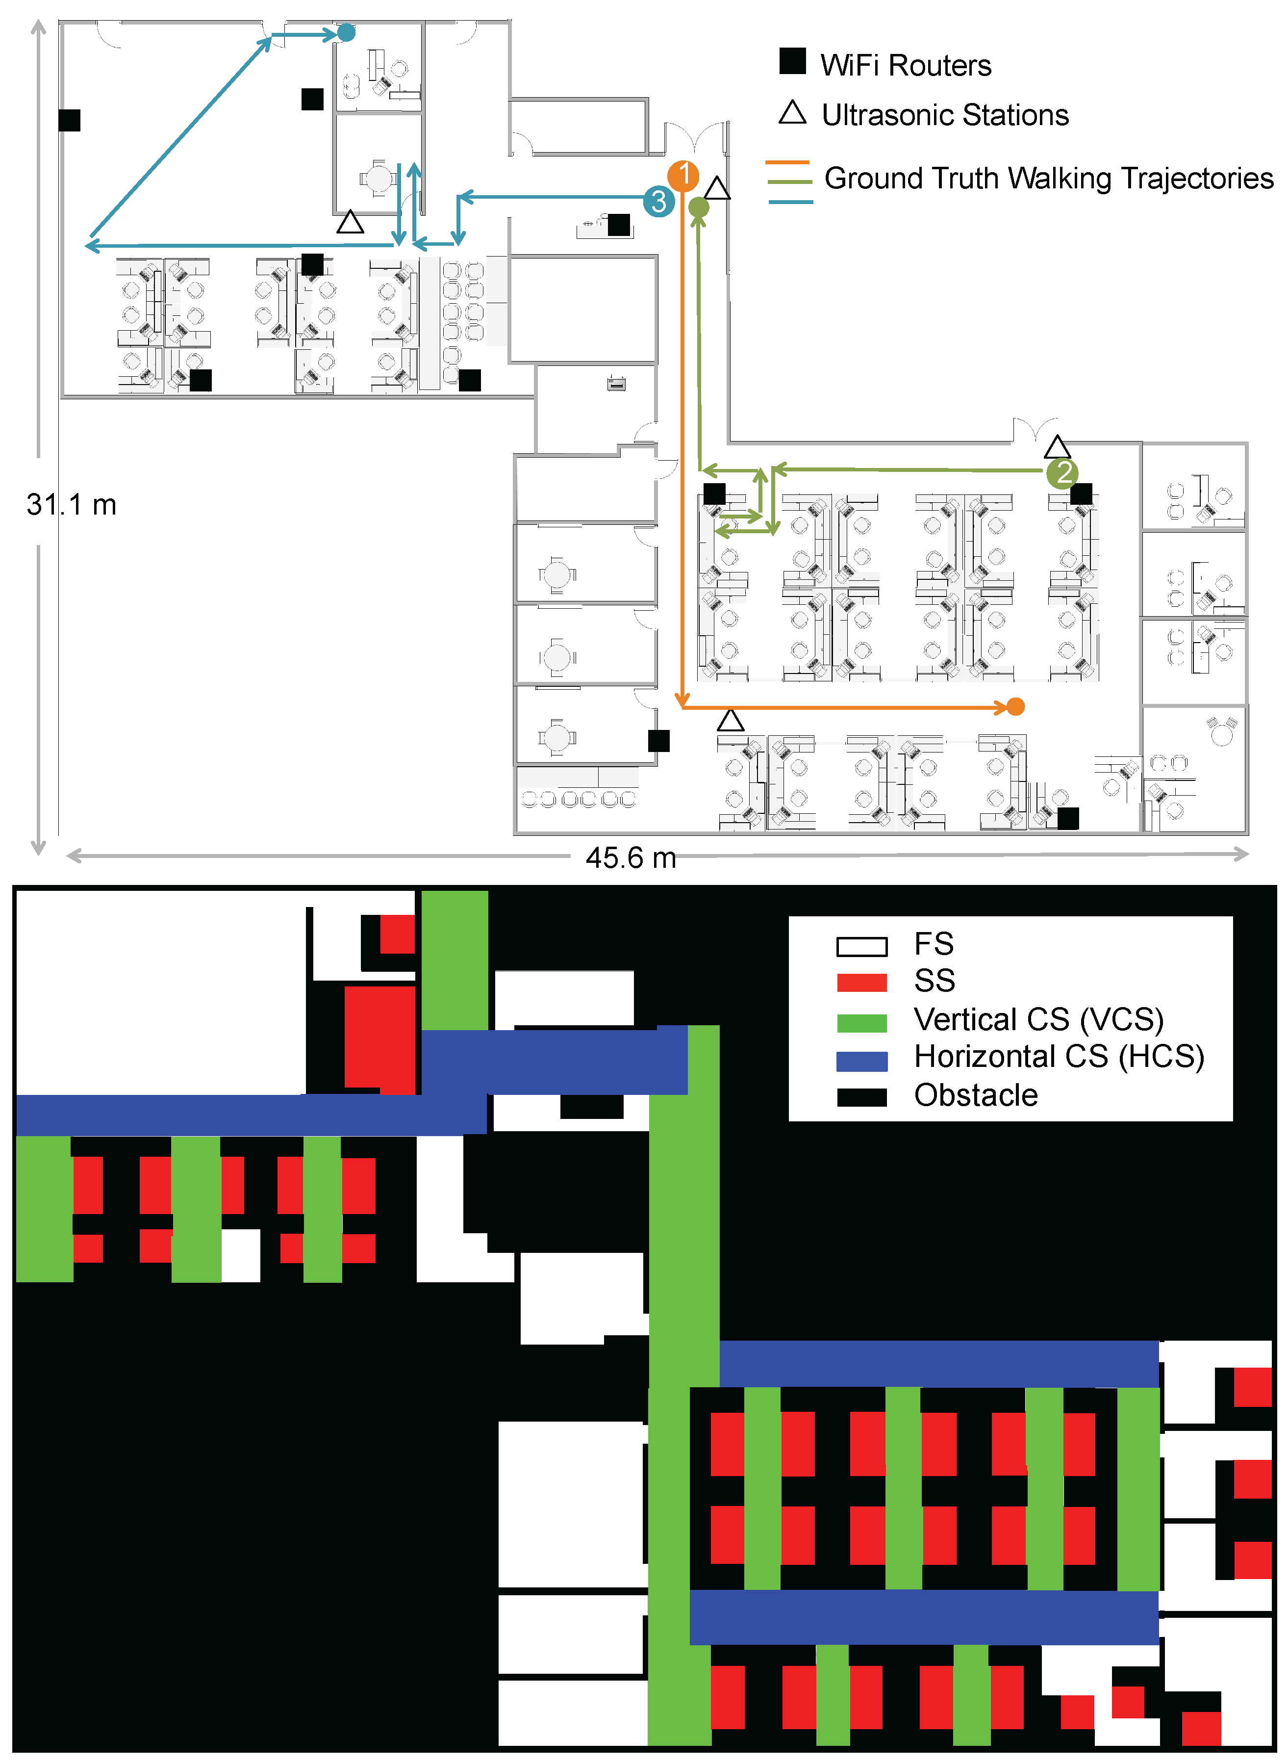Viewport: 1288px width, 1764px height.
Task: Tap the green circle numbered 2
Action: click(x=1062, y=472)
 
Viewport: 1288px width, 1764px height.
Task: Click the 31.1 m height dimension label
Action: click(x=71, y=505)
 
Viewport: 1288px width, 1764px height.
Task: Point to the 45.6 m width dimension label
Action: click(x=631, y=858)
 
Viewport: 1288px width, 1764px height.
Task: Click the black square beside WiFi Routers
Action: click(x=792, y=61)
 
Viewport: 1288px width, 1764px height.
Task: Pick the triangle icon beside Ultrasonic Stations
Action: click(x=792, y=113)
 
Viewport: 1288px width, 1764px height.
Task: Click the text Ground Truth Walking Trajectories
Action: click(x=1049, y=179)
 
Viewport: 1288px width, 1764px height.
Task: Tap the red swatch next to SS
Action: click(x=861, y=983)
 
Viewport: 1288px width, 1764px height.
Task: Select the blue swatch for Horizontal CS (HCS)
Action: click(x=861, y=1061)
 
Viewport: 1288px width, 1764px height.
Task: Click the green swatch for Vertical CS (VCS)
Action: click(x=861, y=1022)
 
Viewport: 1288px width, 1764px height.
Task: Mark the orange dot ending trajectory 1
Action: click(x=1015, y=706)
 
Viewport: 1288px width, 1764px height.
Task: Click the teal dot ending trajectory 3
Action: click(x=346, y=33)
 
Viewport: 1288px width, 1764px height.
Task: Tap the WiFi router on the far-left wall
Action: click(x=70, y=120)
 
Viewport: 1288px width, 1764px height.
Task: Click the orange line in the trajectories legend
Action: click(x=788, y=162)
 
